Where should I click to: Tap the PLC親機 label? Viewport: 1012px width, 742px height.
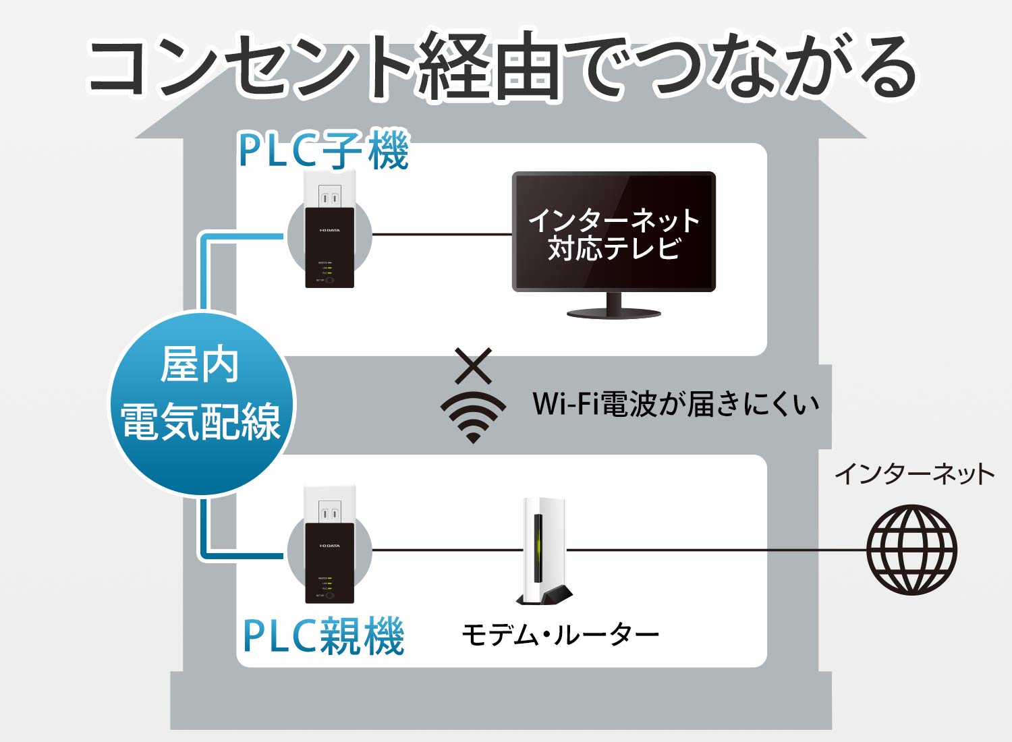pyautogui.click(x=324, y=636)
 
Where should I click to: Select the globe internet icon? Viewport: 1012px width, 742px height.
pyautogui.click(x=911, y=550)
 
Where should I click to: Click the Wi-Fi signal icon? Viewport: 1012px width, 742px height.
pyautogui.click(x=473, y=416)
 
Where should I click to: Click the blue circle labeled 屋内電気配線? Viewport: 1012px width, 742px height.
pyautogui.click(x=201, y=403)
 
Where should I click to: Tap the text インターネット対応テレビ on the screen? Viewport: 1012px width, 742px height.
pyautogui.click(x=613, y=234)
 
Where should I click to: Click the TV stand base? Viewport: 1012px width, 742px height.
pyautogui.click(x=613, y=313)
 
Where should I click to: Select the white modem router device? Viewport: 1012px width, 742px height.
pyautogui.click(x=543, y=550)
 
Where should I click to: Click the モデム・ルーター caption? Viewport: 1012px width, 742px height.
pyautogui.click(x=560, y=635)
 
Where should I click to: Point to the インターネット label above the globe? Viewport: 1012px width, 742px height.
pyautogui.click(x=914, y=474)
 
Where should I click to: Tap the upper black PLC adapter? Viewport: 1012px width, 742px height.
pyautogui.click(x=329, y=248)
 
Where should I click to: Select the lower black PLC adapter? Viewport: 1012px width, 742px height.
pyautogui.click(x=329, y=563)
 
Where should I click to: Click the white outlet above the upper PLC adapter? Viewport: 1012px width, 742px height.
pyautogui.click(x=329, y=191)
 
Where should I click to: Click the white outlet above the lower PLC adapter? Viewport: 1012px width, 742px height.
pyautogui.click(x=329, y=506)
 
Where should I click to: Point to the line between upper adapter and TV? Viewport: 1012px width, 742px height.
pyautogui.click(x=442, y=235)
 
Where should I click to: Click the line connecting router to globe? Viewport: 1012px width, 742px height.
pyautogui.click(x=715, y=550)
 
